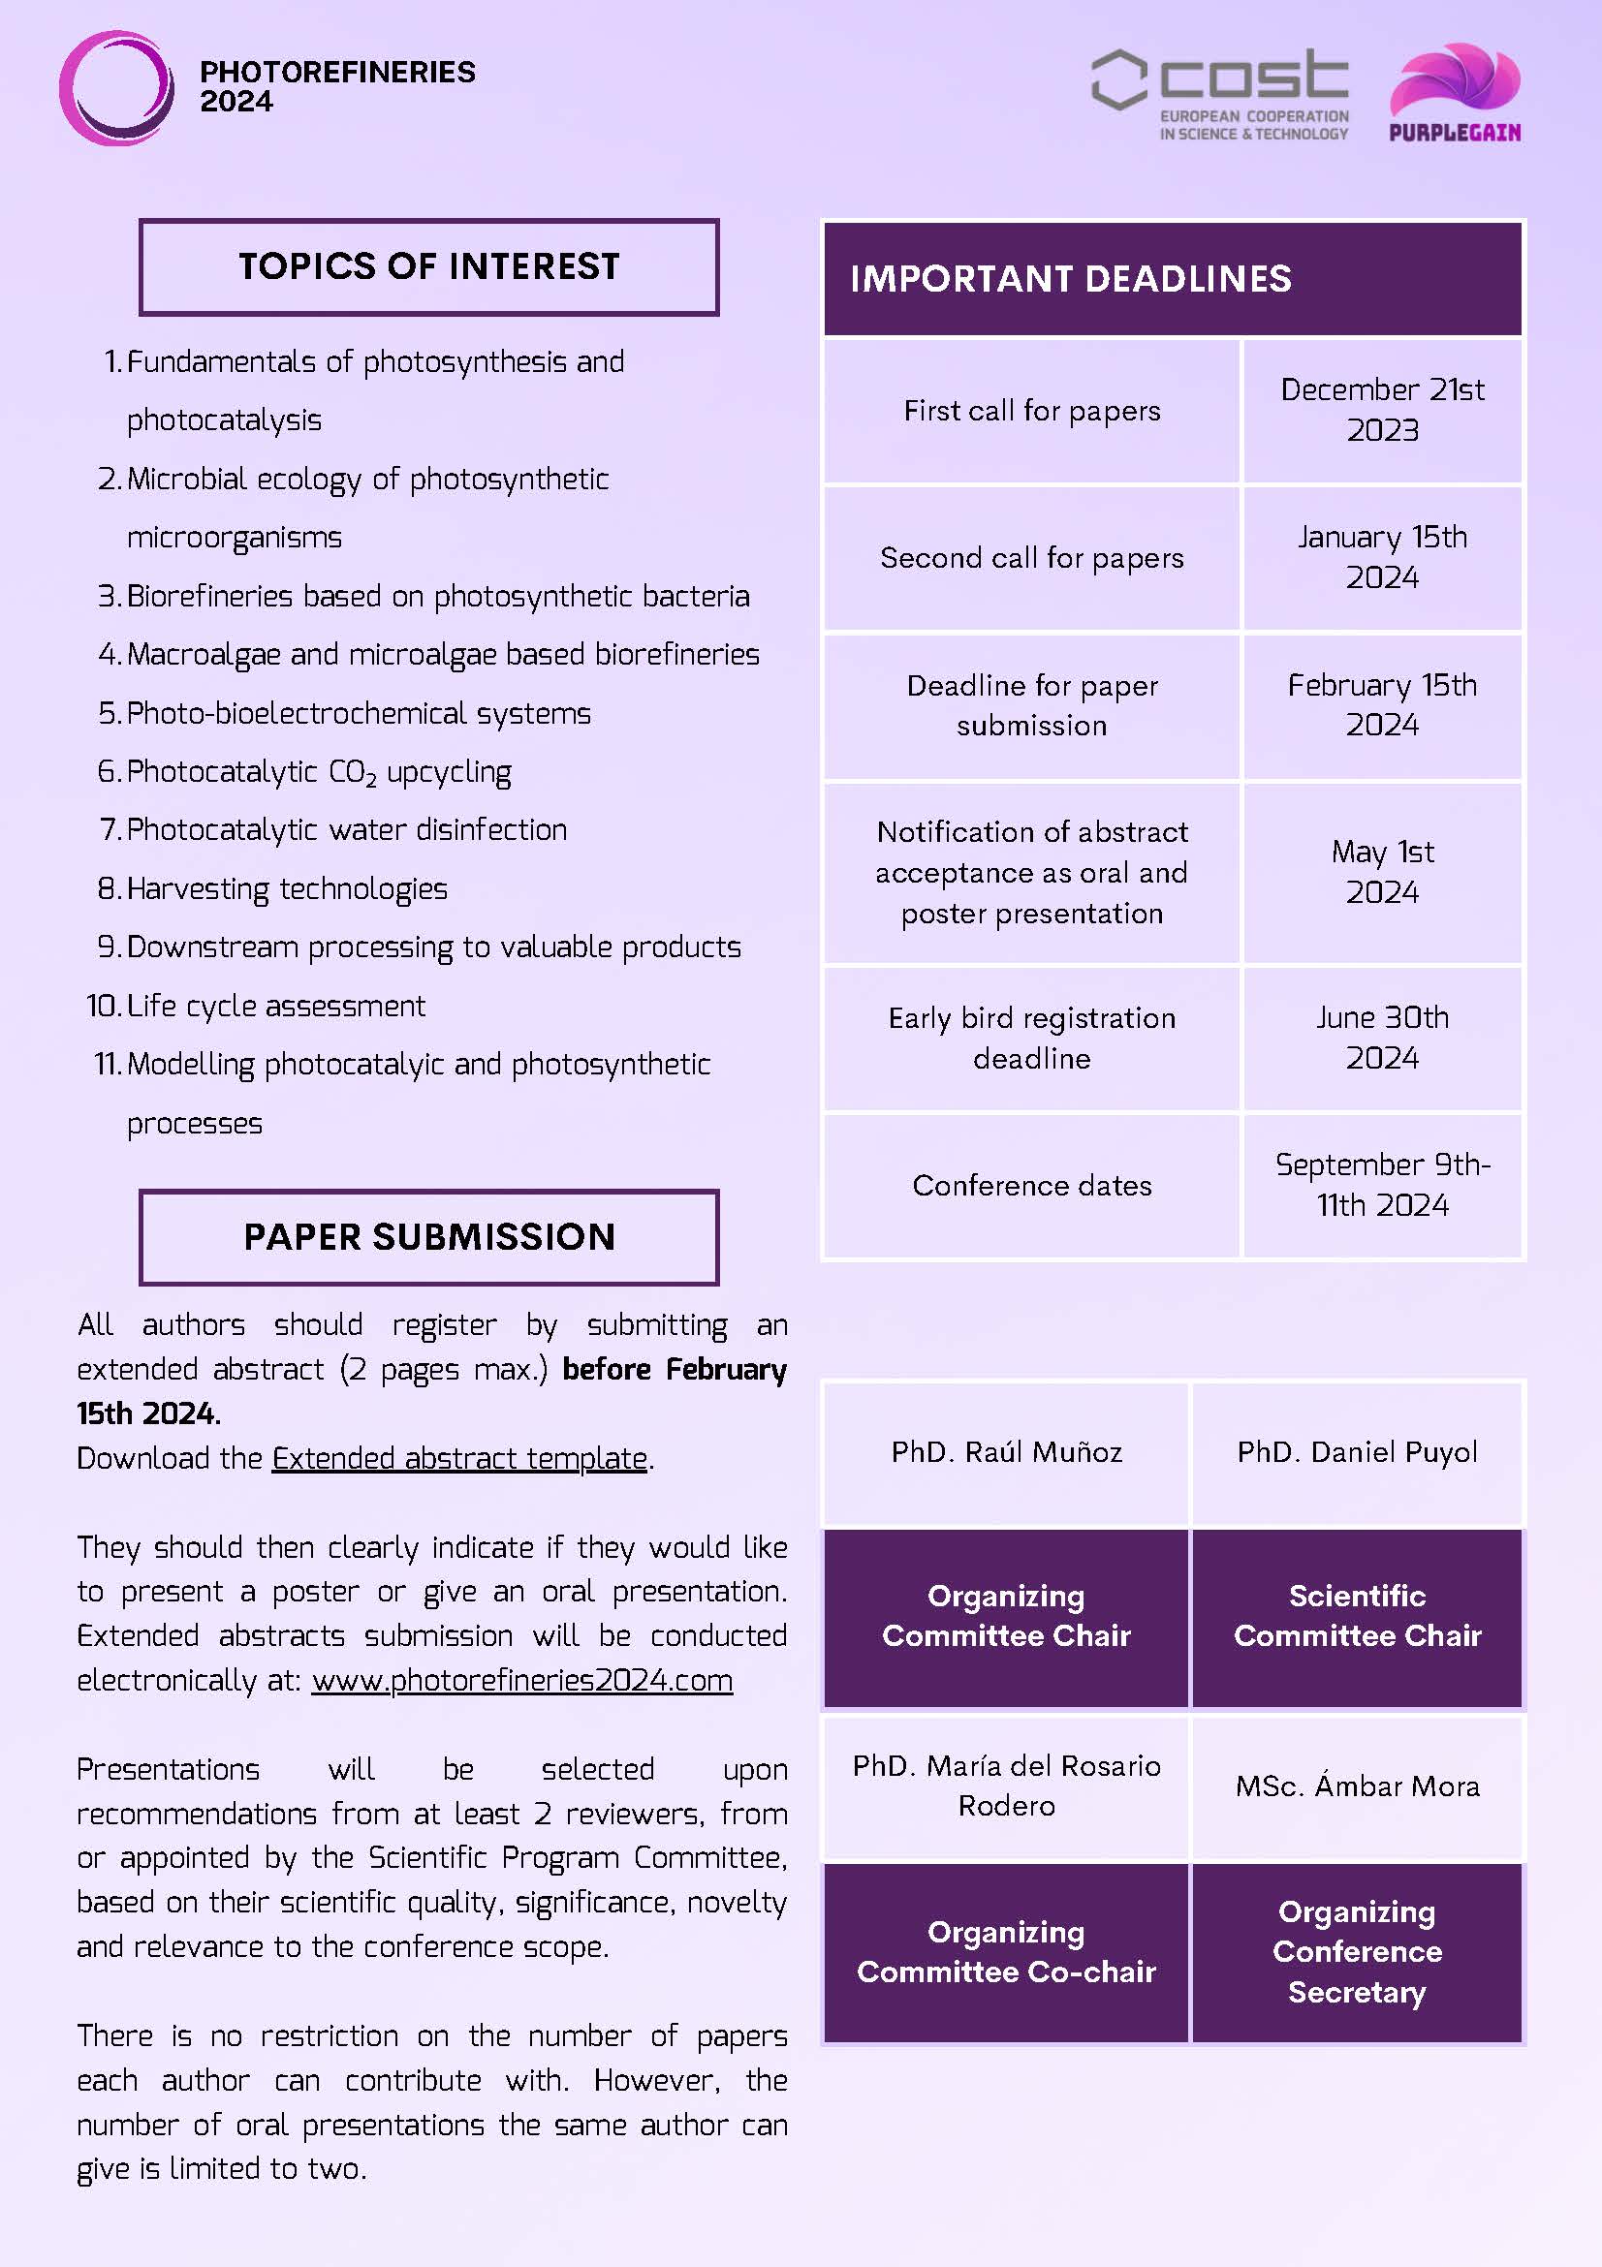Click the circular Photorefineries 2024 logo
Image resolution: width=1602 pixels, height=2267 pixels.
(x=116, y=88)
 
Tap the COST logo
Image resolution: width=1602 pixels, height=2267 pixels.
(x=1220, y=94)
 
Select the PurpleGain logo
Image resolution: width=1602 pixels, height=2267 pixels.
(x=1455, y=92)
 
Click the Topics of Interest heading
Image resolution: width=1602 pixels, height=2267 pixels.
(x=428, y=266)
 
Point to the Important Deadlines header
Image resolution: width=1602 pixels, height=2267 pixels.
(x=1172, y=278)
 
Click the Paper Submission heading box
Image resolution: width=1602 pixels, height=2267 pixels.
(x=428, y=1237)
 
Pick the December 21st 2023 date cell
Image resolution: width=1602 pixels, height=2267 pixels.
(x=1382, y=410)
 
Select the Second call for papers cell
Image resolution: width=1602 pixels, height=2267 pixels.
(x=1031, y=558)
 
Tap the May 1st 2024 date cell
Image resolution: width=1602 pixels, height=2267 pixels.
(x=1382, y=872)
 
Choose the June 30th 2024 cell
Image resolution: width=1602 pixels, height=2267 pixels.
(x=1382, y=1038)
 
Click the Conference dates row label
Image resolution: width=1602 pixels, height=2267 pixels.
(x=1031, y=1185)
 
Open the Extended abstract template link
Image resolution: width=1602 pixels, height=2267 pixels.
(x=459, y=1458)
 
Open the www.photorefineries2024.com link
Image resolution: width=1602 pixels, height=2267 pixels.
(x=521, y=1681)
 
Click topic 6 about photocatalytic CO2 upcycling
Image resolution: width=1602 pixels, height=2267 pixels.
(x=318, y=772)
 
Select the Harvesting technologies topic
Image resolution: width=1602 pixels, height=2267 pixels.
(x=287, y=888)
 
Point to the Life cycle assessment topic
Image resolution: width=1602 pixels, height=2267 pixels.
(x=275, y=1007)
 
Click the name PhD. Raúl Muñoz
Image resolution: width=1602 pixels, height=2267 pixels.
(x=1006, y=1451)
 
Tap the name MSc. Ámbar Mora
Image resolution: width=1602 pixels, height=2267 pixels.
(x=1357, y=1786)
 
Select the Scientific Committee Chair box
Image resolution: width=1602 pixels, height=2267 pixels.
(x=1357, y=1615)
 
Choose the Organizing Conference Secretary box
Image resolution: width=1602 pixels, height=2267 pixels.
(x=1357, y=1951)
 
